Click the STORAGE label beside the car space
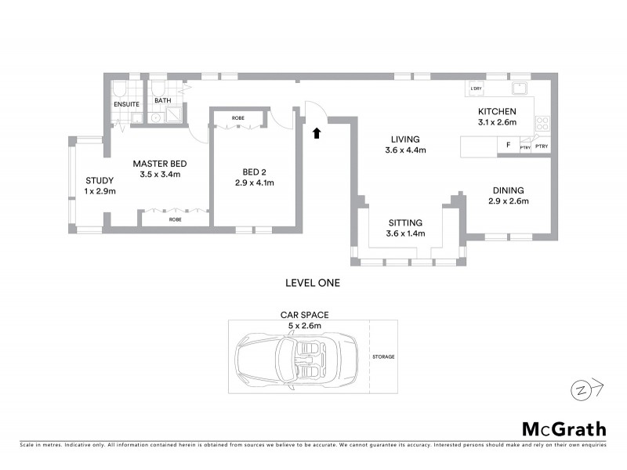tap(384, 357)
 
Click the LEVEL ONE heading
tap(313, 282)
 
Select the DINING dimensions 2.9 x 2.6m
tap(508, 201)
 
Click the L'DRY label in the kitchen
tap(476, 89)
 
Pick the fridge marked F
tap(508, 146)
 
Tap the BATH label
tap(162, 101)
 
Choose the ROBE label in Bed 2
tap(237, 118)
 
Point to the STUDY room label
tap(100, 179)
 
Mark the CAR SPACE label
tap(305, 314)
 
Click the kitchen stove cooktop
tap(542, 122)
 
